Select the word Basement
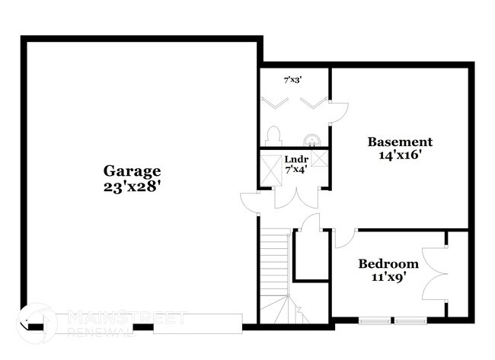point(400,142)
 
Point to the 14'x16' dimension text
point(400,155)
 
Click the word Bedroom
point(388,264)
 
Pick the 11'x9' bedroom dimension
point(388,277)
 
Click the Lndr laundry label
point(296,159)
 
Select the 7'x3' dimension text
point(293,79)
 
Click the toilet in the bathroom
point(275,135)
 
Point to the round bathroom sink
point(311,140)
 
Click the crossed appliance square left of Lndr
point(270,165)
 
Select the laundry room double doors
point(294,196)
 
